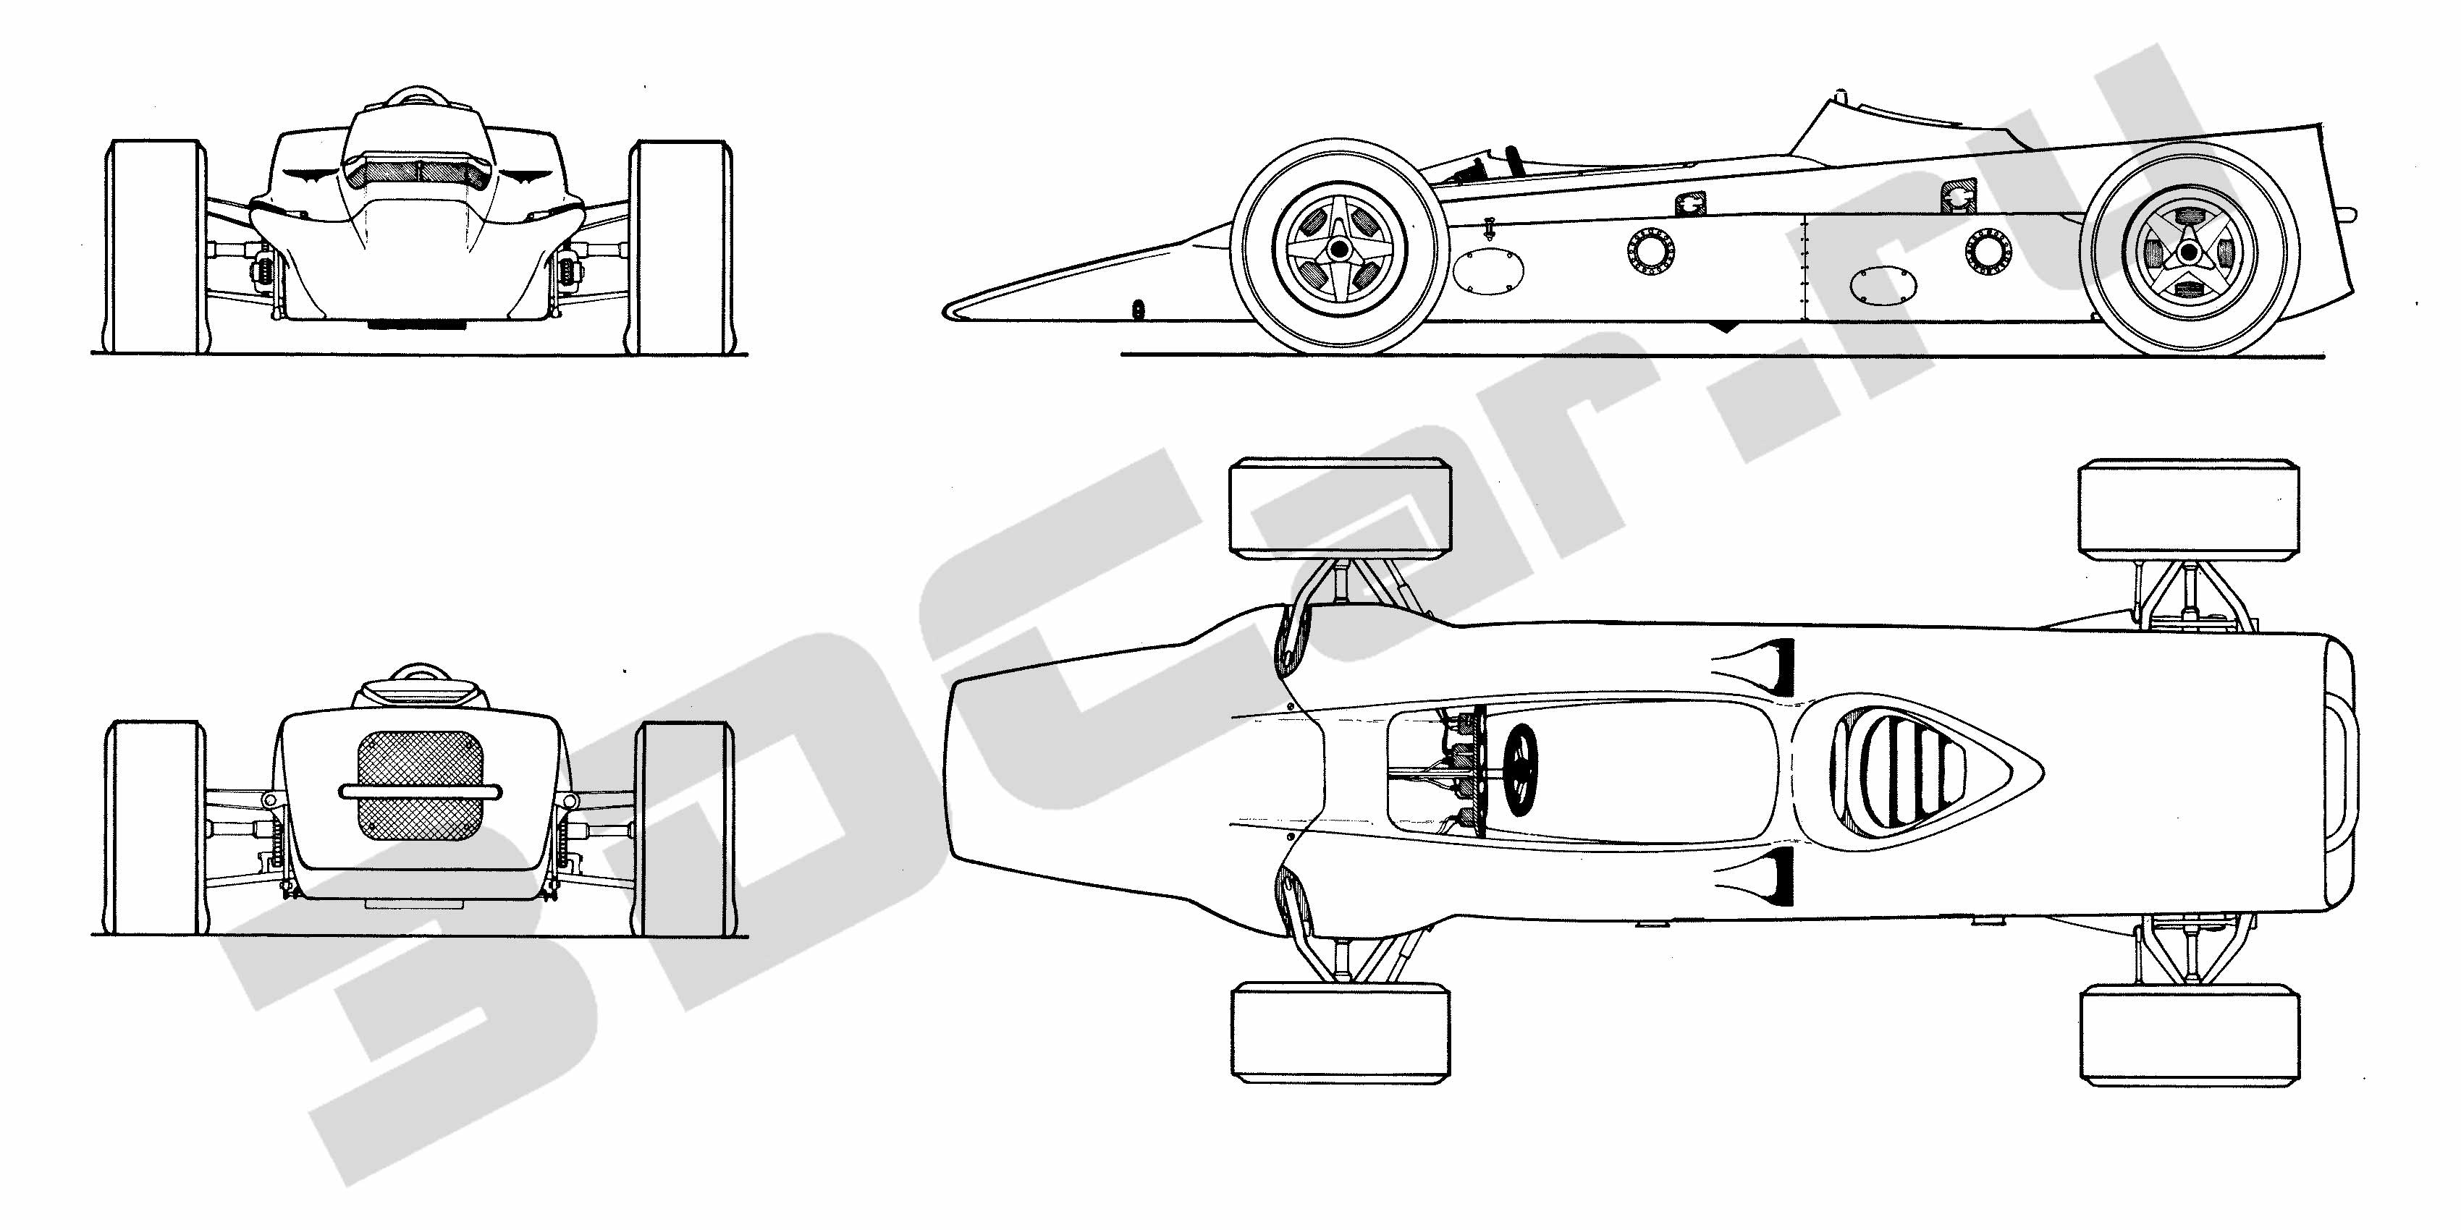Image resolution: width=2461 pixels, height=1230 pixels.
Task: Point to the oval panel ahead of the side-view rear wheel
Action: [x=1882, y=284]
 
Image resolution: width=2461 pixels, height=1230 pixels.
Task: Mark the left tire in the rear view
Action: [x=156, y=828]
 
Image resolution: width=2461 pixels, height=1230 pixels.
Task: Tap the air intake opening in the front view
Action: [x=419, y=172]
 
